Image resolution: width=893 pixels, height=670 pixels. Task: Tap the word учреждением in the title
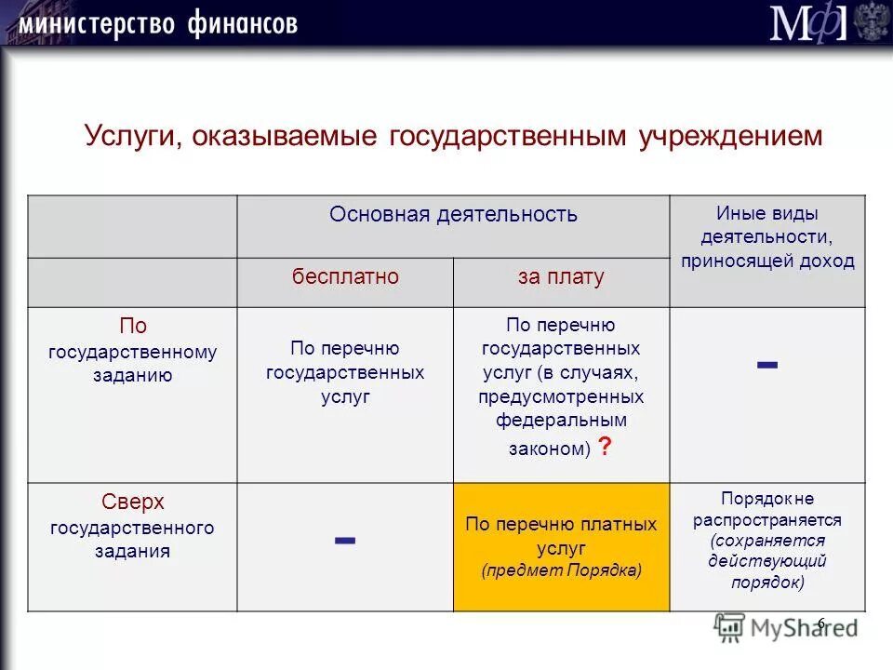(730, 136)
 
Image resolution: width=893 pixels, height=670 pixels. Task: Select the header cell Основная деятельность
(453, 215)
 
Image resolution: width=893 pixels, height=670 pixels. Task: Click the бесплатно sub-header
(345, 276)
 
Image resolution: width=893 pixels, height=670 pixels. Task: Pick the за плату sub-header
(561, 276)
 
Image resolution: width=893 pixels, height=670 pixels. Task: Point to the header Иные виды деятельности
(766, 237)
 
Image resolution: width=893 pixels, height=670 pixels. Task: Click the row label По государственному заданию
(133, 351)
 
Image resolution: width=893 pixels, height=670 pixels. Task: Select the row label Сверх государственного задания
(133, 526)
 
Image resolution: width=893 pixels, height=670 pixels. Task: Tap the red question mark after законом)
(606, 448)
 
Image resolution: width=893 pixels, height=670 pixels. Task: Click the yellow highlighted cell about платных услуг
(561, 547)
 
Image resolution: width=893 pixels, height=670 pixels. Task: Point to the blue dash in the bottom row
(344, 541)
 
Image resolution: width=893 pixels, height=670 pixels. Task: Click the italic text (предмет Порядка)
(561, 570)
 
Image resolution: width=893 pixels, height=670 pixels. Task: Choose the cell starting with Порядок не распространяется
(766, 541)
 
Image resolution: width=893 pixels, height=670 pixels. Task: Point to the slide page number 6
(821, 623)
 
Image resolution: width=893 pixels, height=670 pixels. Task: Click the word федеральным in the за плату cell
(561, 420)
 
